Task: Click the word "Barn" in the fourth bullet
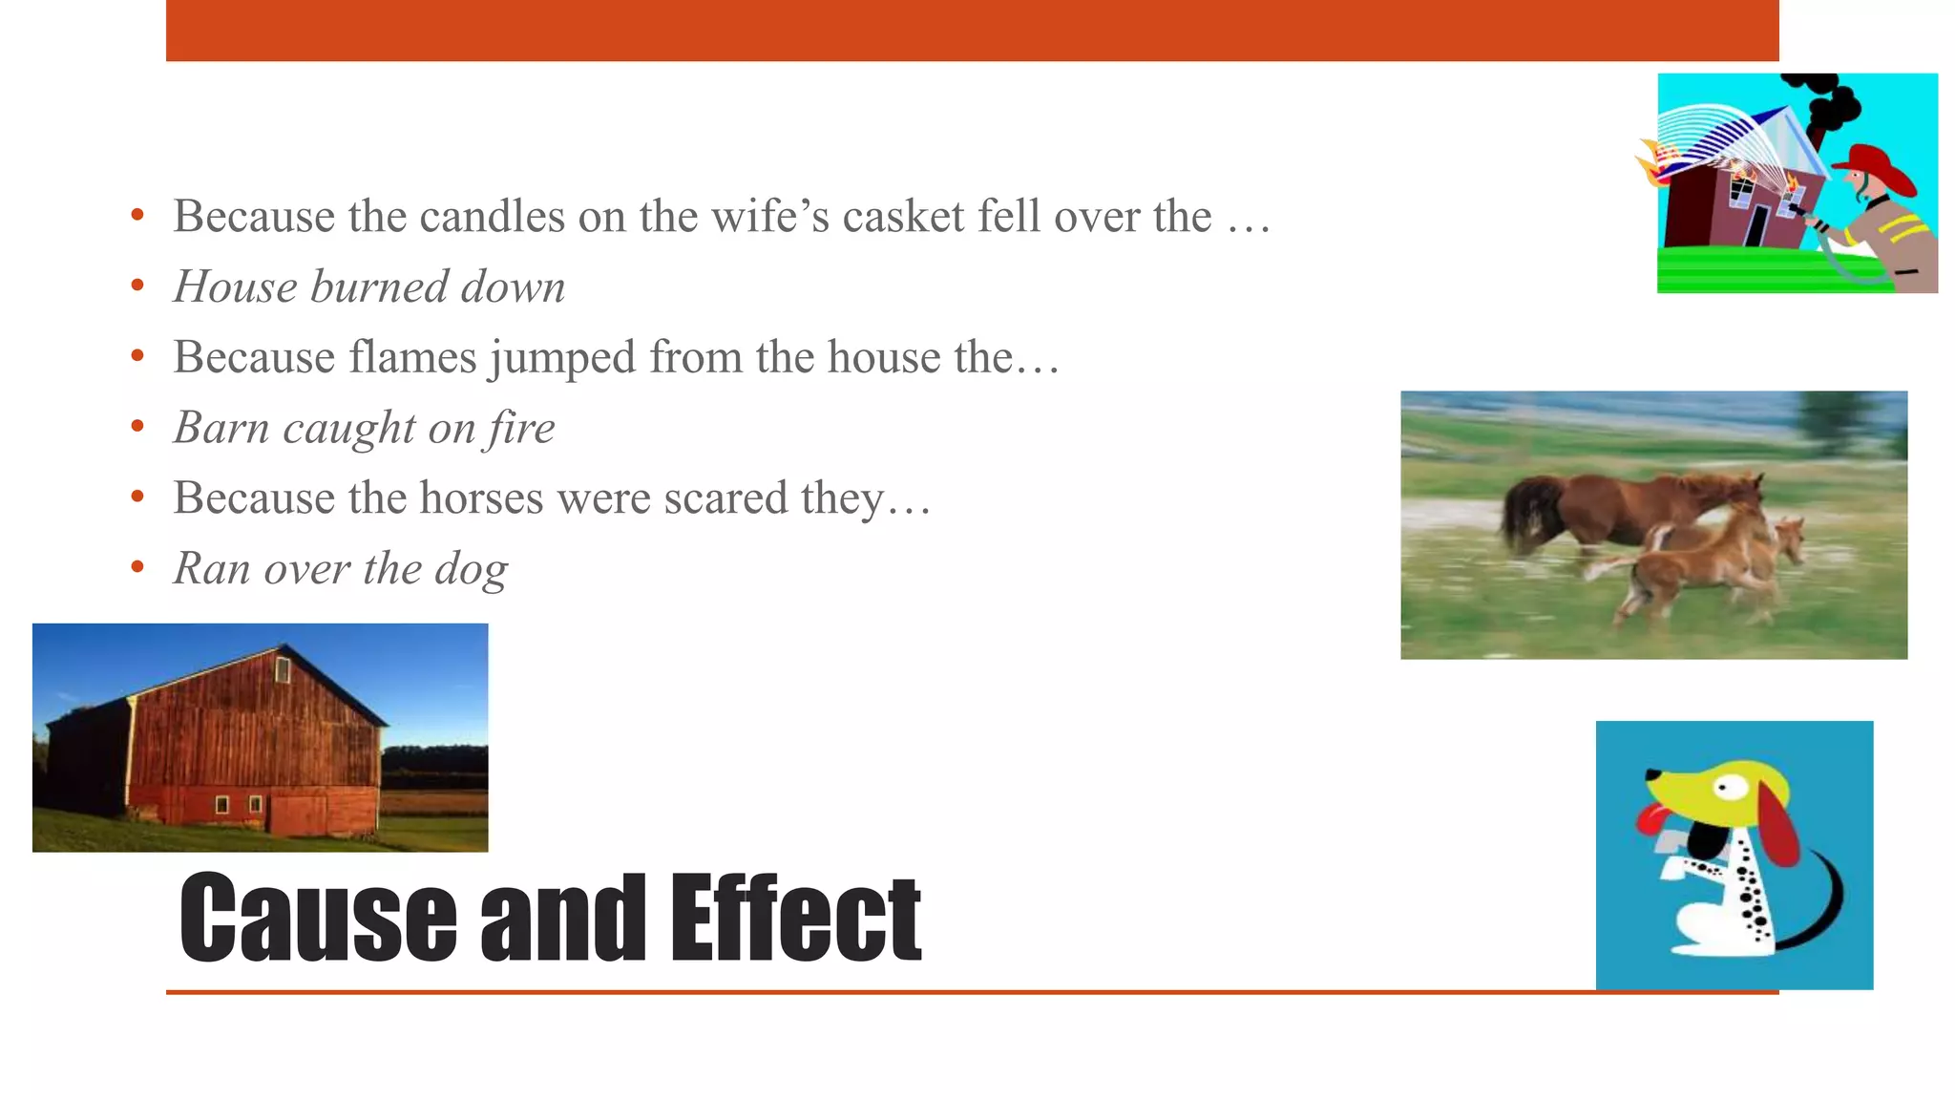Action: (x=221, y=428)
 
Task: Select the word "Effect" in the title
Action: (x=794, y=918)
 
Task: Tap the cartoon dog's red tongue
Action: (x=1650, y=818)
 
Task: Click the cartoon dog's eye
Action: (x=1725, y=788)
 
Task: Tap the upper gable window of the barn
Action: (x=283, y=669)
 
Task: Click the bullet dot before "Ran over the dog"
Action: (x=137, y=568)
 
